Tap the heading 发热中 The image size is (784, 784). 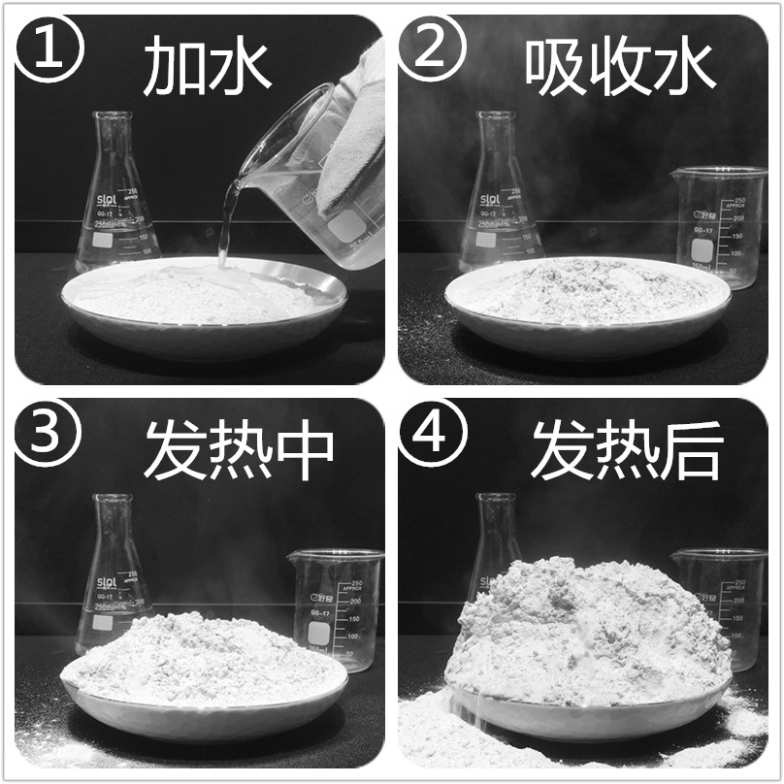[239, 452]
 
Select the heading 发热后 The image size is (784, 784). [627, 452]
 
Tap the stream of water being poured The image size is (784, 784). [227, 228]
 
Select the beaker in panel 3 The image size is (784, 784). [336, 606]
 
